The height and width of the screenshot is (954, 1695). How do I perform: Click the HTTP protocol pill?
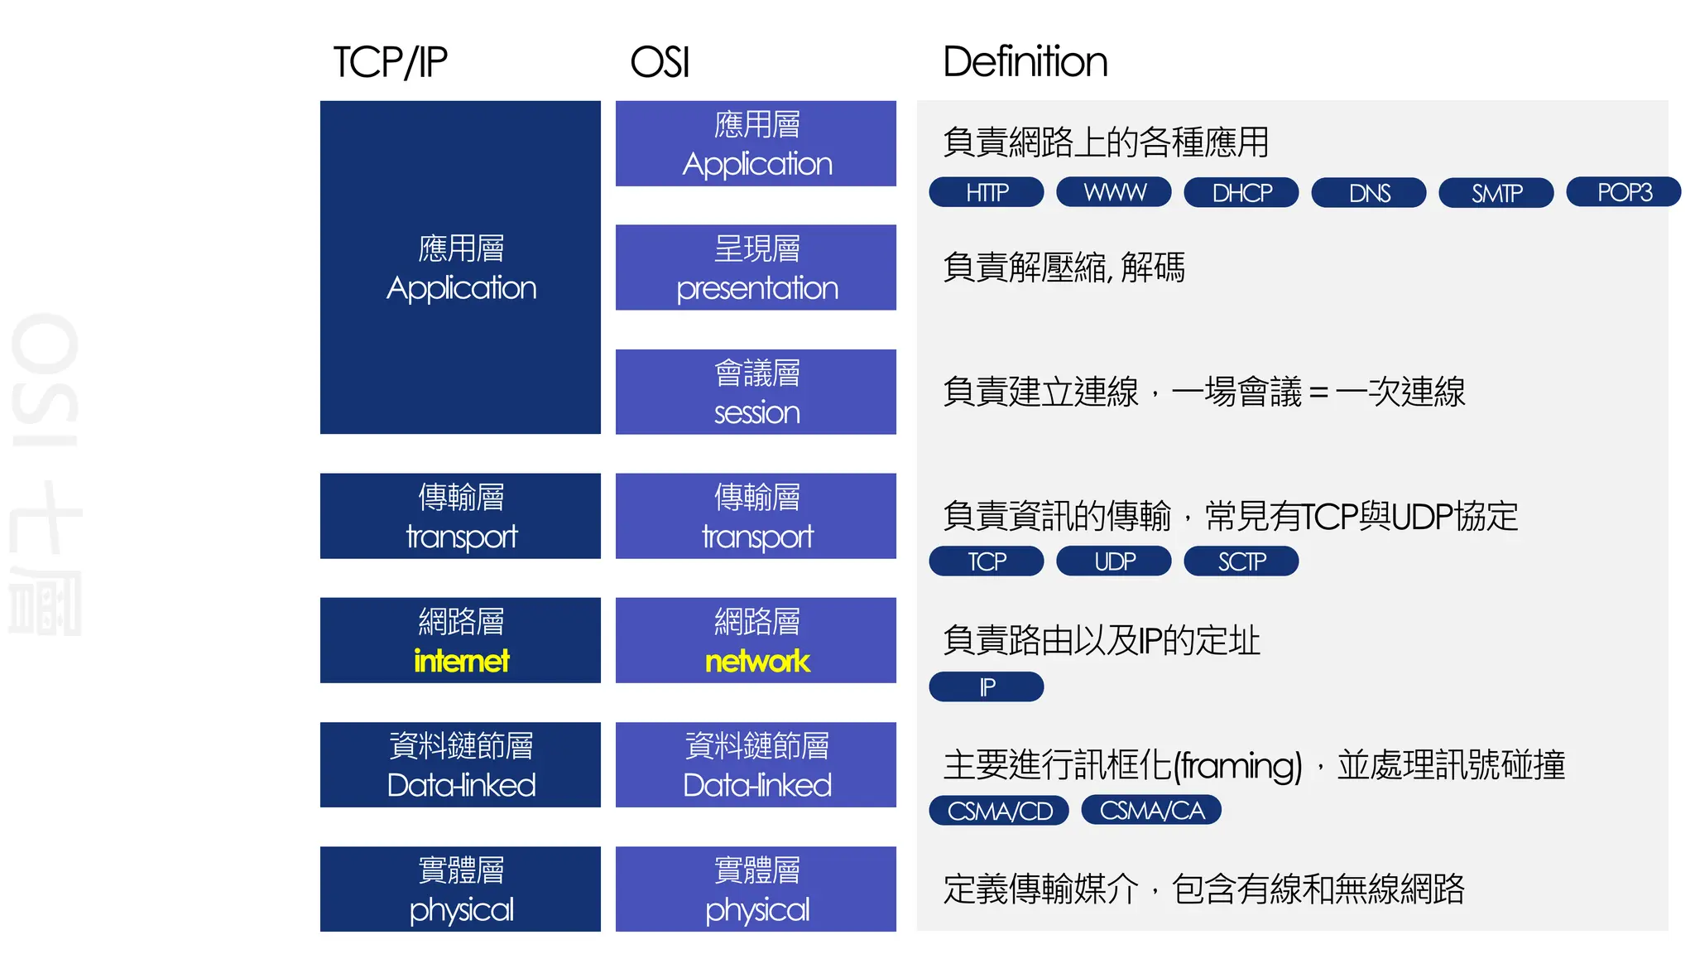point(986,192)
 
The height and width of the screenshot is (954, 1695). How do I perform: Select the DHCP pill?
point(1241,192)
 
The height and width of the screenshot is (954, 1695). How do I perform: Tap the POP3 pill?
point(1623,192)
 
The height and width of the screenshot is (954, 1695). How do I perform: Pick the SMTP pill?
point(1496,192)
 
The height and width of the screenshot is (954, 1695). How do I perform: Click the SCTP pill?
point(1241,561)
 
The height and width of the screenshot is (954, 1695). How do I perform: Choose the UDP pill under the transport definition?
point(1113,561)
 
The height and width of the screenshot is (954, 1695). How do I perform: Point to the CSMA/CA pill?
point(1151,810)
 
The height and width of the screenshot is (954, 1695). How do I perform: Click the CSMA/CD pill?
point(998,810)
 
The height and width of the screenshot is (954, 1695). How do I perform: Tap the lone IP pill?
point(986,687)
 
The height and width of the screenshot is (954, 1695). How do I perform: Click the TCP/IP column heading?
point(390,62)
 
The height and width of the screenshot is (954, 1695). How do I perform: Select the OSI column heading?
point(660,62)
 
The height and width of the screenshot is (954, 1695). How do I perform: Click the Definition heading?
point(1025,62)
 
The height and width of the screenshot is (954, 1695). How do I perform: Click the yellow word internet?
point(461,661)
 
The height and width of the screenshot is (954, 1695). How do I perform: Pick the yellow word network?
point(756,661)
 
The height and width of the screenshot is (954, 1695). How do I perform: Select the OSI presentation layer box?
point(756,267)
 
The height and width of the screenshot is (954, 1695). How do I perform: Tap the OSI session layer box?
point(756,392)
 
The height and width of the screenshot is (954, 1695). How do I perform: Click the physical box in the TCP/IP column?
point(460,889)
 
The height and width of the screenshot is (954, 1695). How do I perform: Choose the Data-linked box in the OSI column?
point(756,764)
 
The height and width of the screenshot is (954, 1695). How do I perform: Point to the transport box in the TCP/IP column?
point(460,516)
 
